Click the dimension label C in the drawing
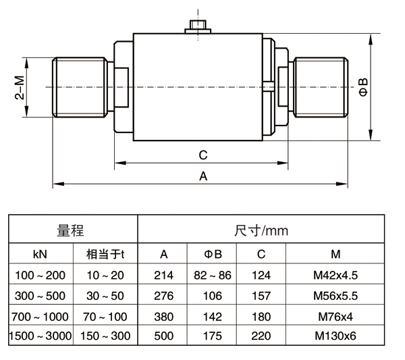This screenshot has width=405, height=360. pos(203,155)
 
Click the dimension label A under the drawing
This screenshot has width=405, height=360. pos(203,176)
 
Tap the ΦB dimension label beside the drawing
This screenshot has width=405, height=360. pos(364,87)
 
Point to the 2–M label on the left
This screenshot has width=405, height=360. pos(20,87)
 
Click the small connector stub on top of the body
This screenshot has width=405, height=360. pos(198,27)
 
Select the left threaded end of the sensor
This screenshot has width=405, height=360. pos(80,87)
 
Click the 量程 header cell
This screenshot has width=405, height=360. pos(73,229)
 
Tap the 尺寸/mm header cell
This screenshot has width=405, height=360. pos(261,229)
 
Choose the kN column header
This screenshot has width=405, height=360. pos(40,254)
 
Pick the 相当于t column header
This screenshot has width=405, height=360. pos(105,254)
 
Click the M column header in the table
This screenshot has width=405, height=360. pos(335,254)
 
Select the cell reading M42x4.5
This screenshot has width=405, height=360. pos(335,275)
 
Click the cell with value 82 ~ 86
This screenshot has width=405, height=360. pos(212,275)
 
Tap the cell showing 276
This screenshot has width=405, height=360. pos(163,296)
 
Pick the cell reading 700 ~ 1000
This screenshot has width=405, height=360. pos(40,316)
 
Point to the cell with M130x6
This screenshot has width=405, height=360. pos(335,336)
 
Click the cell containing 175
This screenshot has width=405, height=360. pos(212,336)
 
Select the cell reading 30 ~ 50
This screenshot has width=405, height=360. pos(105,296)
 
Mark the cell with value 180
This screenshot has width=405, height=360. pos(261,316)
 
